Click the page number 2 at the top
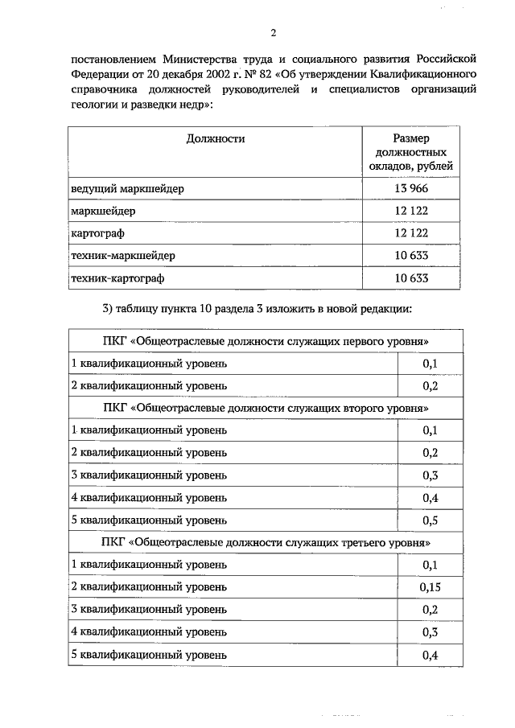coord(273,33)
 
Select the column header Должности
coord(215,138)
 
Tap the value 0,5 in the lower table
coord(431,520)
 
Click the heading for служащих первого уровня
coord(266,341)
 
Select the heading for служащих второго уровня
coord(266,408)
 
